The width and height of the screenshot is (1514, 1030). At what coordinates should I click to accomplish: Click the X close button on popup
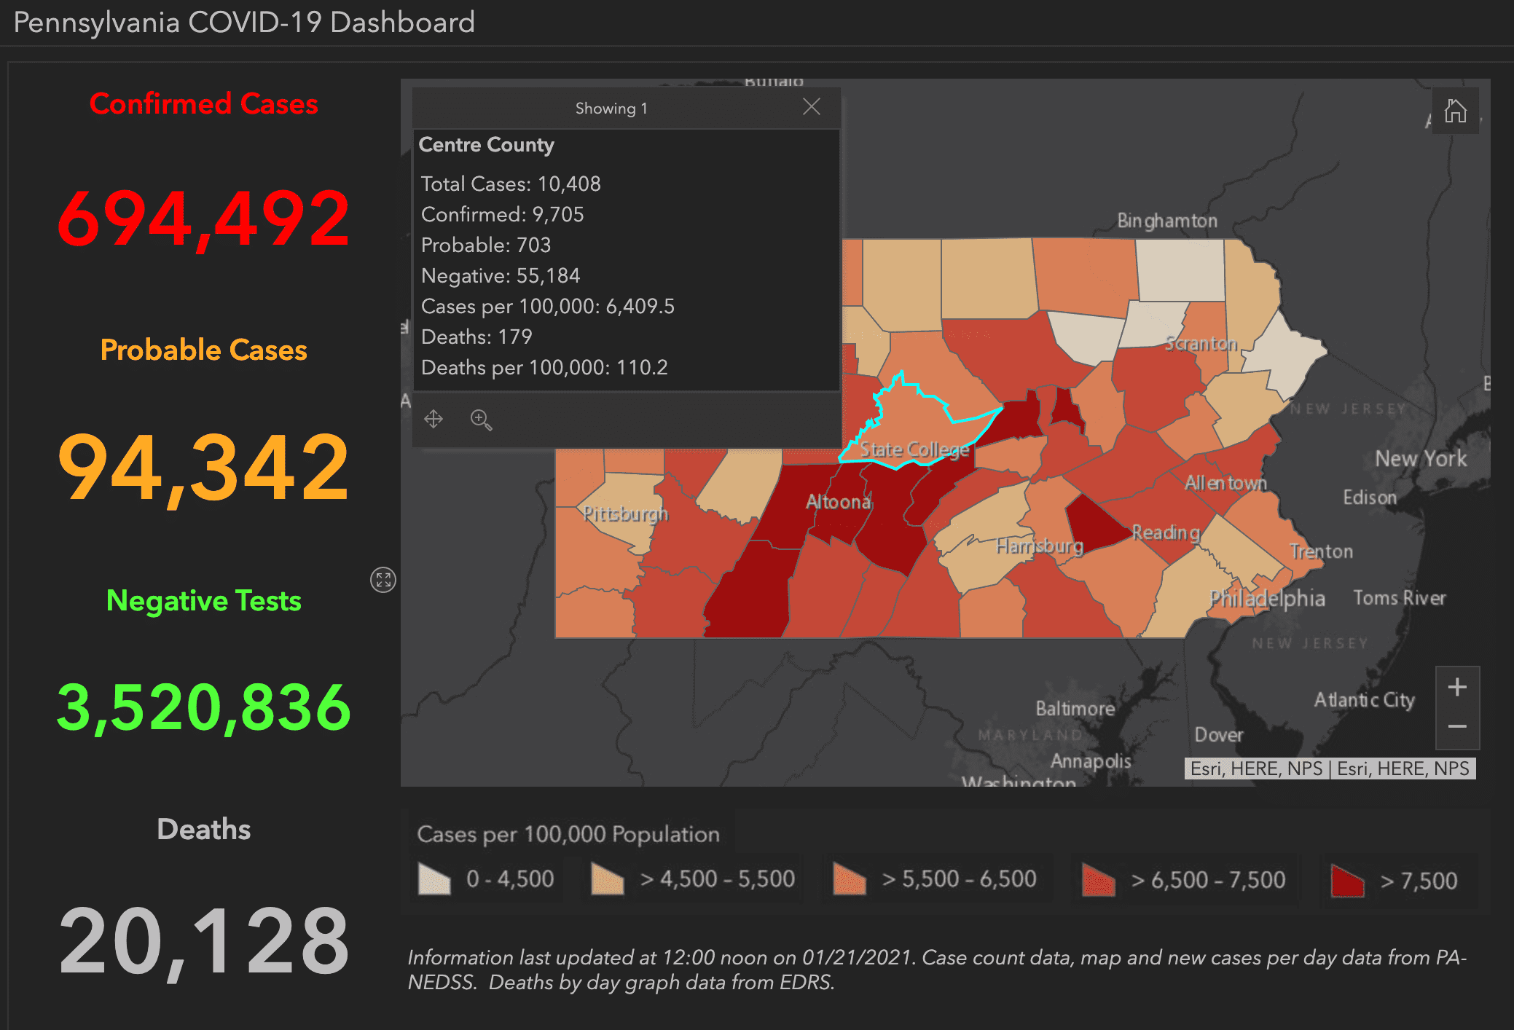tap(811, 107)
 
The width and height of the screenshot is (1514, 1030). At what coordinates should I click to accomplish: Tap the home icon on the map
tap(1455, 111)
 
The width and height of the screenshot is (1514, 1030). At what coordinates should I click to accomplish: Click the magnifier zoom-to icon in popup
tap(481, 420)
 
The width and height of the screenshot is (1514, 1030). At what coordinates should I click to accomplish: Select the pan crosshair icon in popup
tap(434, 419)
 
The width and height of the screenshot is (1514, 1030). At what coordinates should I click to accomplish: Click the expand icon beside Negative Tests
tap(383, 580)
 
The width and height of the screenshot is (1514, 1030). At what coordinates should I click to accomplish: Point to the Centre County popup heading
tap(486, 145)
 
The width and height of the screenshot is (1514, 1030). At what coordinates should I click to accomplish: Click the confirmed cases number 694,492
tap(204, 218)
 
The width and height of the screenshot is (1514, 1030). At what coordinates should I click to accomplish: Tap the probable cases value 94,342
tap(204, 467)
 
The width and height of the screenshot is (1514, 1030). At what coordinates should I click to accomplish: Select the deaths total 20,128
tap(204, 940)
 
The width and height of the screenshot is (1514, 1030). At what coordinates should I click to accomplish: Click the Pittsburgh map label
tap(625, 514)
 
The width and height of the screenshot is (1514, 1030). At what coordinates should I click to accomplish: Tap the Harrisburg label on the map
tap(1039, 546)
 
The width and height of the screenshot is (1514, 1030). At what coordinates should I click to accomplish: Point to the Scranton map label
tap(1201, 343)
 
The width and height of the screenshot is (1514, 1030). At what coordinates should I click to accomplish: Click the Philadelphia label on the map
tap(1266, 598)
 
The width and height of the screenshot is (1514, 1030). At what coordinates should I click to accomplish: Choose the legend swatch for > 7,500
tap(1347, 880)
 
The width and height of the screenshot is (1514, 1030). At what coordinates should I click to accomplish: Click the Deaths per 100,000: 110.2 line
tap(544, 367)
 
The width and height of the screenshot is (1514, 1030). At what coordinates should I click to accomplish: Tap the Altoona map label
tap(838, 502)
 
